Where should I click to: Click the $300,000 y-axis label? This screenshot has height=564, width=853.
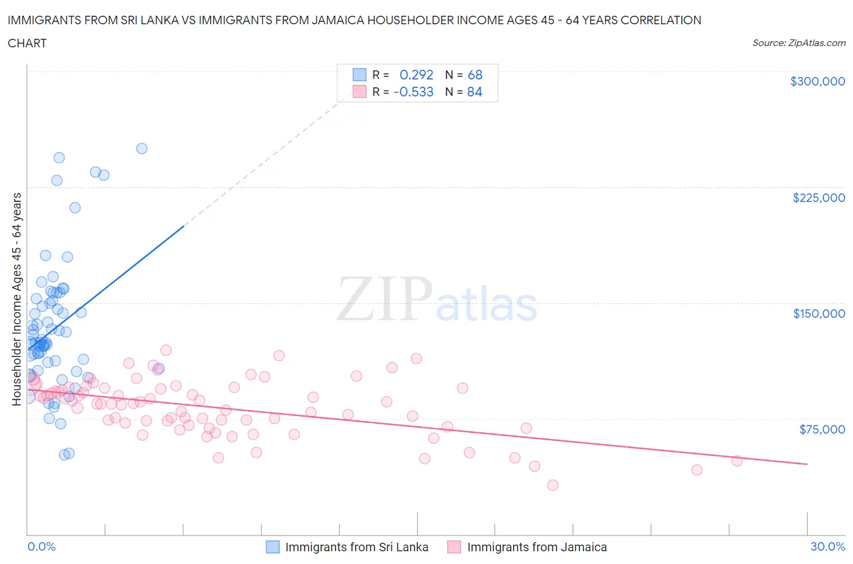tap(817, 81)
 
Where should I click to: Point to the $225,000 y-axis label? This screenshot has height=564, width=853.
tap(818, 198)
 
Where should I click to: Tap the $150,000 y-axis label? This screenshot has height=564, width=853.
tap(818, 314)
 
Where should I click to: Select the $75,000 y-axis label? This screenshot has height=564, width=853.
tap(822, 429)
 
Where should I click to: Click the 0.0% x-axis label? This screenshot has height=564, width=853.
tap(41, 546)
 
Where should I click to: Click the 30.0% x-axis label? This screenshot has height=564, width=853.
tap(828, 546)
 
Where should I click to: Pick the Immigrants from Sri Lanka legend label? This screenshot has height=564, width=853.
tap(357, 547)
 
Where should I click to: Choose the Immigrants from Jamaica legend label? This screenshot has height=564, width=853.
tap(537, 547)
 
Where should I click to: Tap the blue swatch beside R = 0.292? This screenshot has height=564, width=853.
tap(360, 75)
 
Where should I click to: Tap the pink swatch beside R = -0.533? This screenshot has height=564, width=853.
tap(360, 92)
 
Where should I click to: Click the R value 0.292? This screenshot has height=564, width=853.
tap(416, 75)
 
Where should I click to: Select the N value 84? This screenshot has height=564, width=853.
tap(474, 92)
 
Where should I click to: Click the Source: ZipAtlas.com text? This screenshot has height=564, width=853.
tap(798, 43)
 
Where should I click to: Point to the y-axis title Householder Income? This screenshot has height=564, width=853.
tap(16, 299)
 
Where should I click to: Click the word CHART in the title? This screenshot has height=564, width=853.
tap(27, 43)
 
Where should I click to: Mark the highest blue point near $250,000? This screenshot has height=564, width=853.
tap(141, 149)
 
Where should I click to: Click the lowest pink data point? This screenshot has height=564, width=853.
tap(552, 485)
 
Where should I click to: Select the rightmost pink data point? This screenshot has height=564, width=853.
tap(737, 461)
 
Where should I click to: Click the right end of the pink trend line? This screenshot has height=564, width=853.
tap(807, 464)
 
